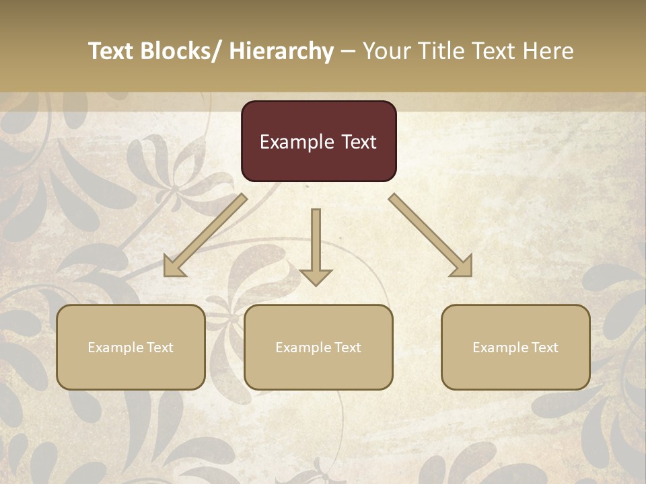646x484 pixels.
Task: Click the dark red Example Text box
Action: [318, 141]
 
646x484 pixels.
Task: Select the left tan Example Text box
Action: [131, 347]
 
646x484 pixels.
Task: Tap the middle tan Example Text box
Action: [318, 347]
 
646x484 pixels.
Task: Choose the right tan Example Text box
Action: [515, 347]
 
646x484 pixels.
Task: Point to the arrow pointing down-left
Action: [205, 235]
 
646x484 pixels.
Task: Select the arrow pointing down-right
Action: [431, 235]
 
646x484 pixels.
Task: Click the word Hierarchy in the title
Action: [281, 51]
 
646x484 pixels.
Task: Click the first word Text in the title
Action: [112, 51]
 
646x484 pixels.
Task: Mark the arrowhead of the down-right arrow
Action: [462, 267]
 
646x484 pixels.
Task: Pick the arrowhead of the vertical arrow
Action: [316, 276]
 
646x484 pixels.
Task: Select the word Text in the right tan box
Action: [544, 347]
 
